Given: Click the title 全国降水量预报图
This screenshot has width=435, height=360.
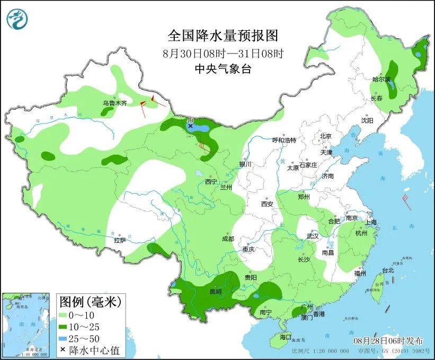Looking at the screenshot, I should coord(223,36).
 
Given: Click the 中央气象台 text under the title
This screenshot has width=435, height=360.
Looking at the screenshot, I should coord(223,68).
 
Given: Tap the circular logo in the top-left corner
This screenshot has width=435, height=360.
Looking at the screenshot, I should coord(17,20).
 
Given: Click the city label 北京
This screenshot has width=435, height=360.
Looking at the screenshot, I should coord(325,136).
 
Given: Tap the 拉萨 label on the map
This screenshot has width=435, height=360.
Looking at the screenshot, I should coord(120,240).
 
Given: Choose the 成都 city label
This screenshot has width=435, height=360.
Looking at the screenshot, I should coord(228,239).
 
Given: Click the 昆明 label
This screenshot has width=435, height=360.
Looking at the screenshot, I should coord(216,292).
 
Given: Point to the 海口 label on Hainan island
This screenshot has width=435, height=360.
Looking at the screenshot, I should coord(286,337).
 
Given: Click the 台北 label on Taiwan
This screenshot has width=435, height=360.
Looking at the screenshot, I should coord(388,270).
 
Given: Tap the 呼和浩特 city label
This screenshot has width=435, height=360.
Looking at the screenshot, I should coord(284,140).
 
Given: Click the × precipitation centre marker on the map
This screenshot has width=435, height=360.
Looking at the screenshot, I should coord(191,126).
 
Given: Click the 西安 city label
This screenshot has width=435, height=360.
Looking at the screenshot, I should coord(267,204).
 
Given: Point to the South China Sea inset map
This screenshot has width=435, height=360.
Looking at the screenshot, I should coord(26,323).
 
